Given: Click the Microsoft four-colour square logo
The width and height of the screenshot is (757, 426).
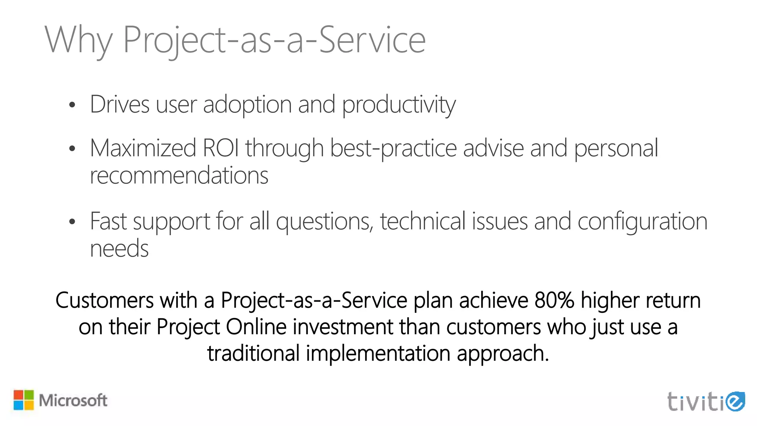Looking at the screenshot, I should pyautogui.click(x=24, y=400).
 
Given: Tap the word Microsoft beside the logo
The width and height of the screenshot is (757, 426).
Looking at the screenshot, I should pyautogui.click(x=73, y=400).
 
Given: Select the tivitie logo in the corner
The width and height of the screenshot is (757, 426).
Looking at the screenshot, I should pyautogui.click(x=706, y=402).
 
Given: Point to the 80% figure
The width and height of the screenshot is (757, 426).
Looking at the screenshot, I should pyautogui.click(x=554, y=300).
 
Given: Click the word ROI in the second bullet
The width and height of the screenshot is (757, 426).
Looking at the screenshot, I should pyautogui.click(x=221, y=148).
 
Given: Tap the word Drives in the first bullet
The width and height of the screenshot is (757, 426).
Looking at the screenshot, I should pyautogui.click(x=119, y=104).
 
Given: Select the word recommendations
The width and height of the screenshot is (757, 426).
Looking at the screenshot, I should pyautogui.click(x=179, y=175).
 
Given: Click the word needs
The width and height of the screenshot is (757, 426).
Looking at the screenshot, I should pyautogui.click(x=119, y=248).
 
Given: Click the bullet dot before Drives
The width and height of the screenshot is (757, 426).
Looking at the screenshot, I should pyautogui.click(x=72, y=105).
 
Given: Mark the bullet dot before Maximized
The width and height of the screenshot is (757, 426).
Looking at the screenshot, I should pyautogui.click(x=72, y=149).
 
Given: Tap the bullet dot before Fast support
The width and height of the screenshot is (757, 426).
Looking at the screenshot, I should pyautogui.click(x=72, y=222).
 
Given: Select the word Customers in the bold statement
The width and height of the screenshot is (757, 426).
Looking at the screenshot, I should pyautogui.click(x=104, y=300).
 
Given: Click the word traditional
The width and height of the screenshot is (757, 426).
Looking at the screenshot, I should pyautogui.click(x=253, y=353).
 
